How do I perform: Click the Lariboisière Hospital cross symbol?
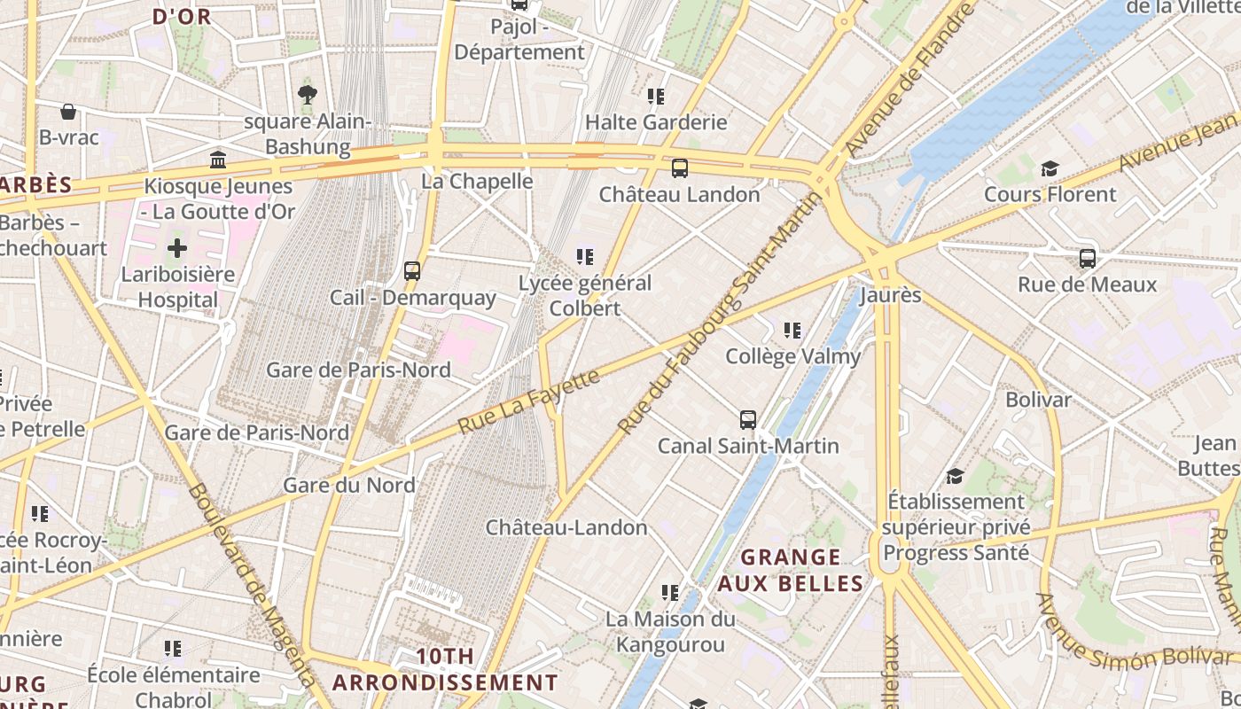(x=177, y=248)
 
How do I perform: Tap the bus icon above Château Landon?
(x=680, y=168)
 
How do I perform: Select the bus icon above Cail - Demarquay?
(x=412, y=271)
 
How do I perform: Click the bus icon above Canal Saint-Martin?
(x=748, y=420)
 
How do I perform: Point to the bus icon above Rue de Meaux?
(x=1088, y=259)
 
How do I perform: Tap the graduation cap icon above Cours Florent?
(x=1050, y=168)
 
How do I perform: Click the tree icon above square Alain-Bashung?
(x=308, y=94)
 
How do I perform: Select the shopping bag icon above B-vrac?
(x=68, y=112)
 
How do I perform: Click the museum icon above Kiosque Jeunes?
(x=218, y=160)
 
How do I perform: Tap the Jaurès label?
(x=890, y=295)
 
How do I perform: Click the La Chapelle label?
(x=477, y=181)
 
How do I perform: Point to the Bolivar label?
(x=1038, y=400)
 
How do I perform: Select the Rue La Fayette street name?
(x=529, y=401)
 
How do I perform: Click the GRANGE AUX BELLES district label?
(x=790, y=570)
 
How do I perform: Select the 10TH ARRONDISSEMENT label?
(x=445, y=670)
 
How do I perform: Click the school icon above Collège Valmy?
(x=792, y=331)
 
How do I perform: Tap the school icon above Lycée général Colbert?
(x=585, y=257)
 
